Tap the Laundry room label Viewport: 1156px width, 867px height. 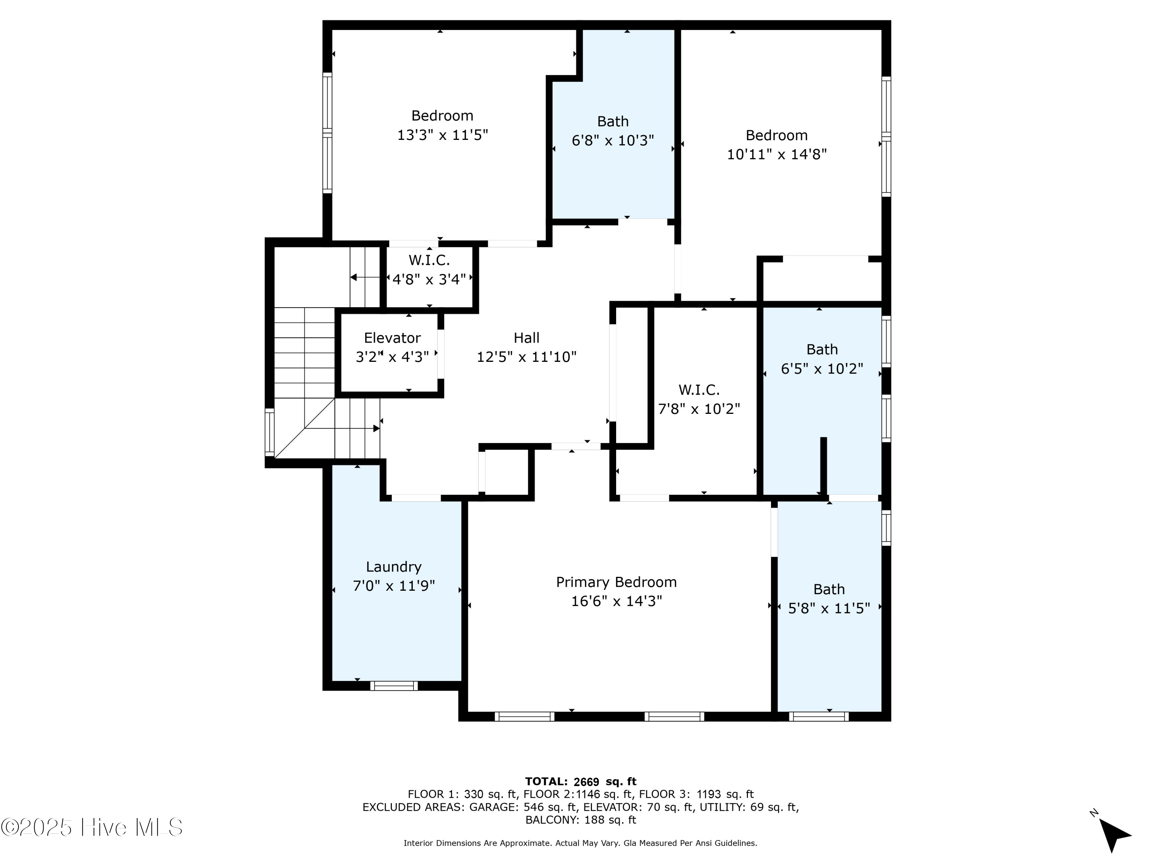click(x=393, y=567)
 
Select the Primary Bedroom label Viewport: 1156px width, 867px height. click(x=616, y=582)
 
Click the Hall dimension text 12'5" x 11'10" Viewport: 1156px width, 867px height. click(x=526, y=357)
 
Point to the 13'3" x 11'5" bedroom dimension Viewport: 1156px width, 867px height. click(x=443, y=135)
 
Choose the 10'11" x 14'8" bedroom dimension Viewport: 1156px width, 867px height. click(x=776, y=155)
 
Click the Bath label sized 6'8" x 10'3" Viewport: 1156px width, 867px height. click(x=613, y=121)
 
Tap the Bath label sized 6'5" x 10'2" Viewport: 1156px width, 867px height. click(x=822, y=349)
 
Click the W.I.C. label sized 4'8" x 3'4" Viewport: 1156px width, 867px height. click(x=429, y=260)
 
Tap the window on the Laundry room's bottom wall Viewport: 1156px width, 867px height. click(x=394, y=686)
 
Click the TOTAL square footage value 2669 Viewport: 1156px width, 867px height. click(x=586, y=782)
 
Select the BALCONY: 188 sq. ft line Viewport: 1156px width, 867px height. click(x=581, y=820)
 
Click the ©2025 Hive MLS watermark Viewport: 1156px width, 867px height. click(x=92, y=827)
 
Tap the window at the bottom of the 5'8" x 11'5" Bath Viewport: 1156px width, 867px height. click(x=819, y=716)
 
